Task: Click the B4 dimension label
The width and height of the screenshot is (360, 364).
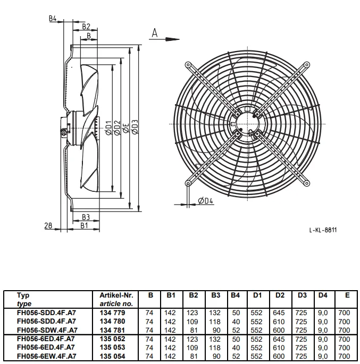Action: [x=53, y=19]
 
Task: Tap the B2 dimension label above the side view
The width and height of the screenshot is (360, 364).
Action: [x=86, y=27]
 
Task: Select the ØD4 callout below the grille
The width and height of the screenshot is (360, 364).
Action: [x=206, y=200]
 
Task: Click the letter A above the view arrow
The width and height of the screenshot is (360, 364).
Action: [x=155, y=33]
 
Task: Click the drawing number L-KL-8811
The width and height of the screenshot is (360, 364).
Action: [x=323, y=230]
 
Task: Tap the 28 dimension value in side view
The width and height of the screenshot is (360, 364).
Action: [x=48, y=225]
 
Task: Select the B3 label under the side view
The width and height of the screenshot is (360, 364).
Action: [x=86, y=217]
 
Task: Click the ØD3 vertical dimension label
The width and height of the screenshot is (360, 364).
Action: [x=135, y=127]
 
